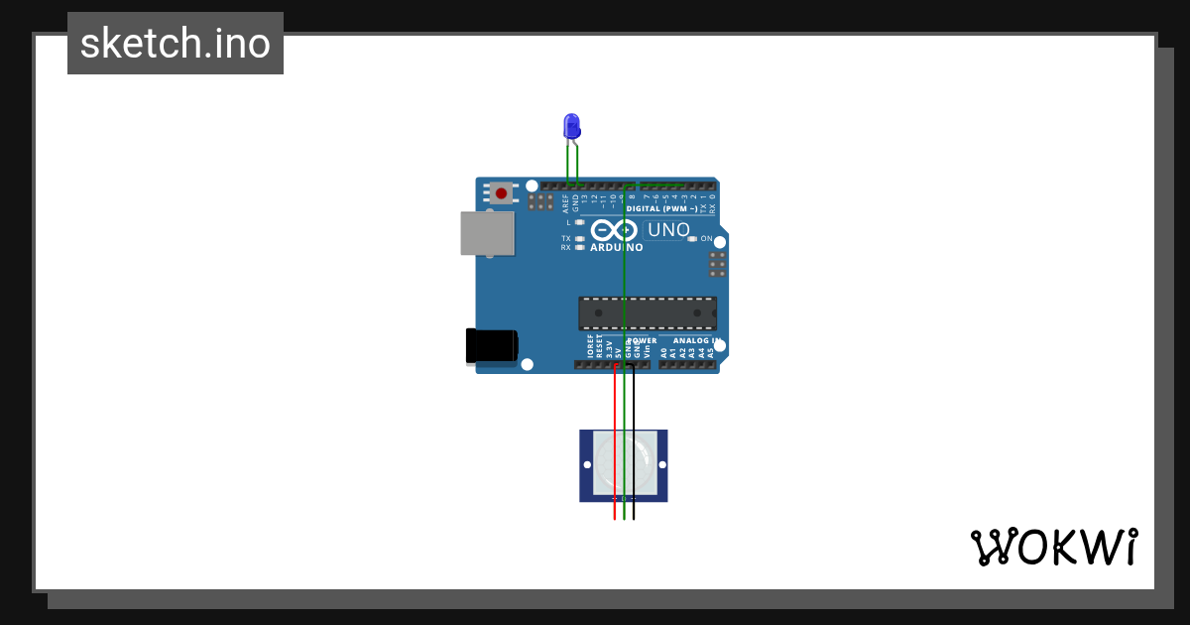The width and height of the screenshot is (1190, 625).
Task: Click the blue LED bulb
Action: coord(571,126)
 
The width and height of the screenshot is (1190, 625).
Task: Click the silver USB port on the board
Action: coord(488,233)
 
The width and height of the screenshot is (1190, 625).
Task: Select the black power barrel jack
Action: coord(491,345)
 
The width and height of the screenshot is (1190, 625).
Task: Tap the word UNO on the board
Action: coord(668,230)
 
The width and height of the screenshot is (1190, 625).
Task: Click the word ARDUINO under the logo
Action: coord(616,248)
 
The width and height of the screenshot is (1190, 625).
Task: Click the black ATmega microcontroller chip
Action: coord(648,312)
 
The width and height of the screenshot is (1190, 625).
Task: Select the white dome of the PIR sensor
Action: coord(624,464)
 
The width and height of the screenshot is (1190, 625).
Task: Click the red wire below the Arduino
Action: coord(615,437)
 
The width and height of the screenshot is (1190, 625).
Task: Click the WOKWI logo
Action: coord(1053,548)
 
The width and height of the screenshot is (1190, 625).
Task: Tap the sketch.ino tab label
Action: coord(176,44)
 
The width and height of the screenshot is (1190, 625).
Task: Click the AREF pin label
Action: coord(566,203)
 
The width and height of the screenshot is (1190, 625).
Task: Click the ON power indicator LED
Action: coord(692,239)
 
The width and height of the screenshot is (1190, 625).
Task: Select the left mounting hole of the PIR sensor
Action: coord(587,464)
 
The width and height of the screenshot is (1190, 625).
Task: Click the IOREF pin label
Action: coord(590,346)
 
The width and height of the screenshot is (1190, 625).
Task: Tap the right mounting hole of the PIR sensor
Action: coord(661,464)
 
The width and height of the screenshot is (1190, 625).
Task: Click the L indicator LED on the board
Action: coord(579,222)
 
